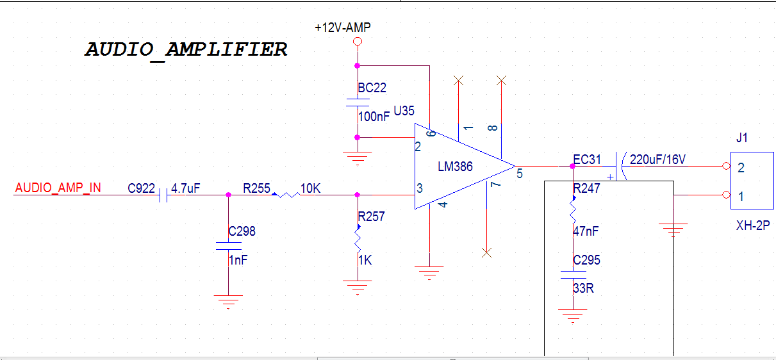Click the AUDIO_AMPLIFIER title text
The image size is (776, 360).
tap(186, 50)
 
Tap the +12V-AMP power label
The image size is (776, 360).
tap(343, 28)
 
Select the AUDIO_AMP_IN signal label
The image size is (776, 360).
tap(58, 188)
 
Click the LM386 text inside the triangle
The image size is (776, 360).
tap(455, 167)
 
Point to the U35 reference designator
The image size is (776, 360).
tap(404, 111)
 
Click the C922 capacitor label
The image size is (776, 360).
tap(141, 188)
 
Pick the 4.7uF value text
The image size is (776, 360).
tap(186, 188)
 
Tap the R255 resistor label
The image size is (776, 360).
tap(256, 188)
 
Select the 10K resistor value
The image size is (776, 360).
tap(311, 188)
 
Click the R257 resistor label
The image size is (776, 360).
tap(372, 217)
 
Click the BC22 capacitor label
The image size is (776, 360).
tap(372, 88)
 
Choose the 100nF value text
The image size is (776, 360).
tap(374, 117)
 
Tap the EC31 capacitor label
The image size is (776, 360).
tap(588, 160)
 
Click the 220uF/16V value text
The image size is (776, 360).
tap(658, 160)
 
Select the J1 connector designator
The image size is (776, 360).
tap(742, 138)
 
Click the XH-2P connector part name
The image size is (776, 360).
tap(752, 225)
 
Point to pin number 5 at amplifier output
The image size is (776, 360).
tap(520, 173)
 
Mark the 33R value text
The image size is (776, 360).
tap(583, 288)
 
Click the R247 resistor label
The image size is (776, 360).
tap(587, 189)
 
